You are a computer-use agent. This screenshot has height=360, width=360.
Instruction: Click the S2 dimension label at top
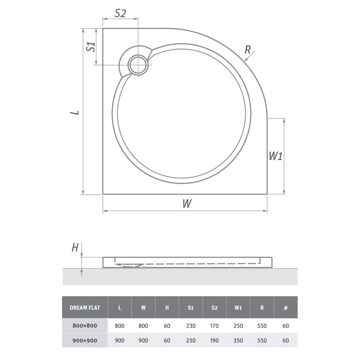[x=120, y=13]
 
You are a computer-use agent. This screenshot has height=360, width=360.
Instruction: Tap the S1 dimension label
[x=91, y=47]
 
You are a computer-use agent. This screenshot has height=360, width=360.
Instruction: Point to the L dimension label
[x=75, y=112]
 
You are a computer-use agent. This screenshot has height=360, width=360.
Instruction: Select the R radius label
[x=247, y=50]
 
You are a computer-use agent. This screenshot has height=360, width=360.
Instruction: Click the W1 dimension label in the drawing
[x=275, y=156]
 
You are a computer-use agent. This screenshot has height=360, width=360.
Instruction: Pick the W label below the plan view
[x=187, y=203]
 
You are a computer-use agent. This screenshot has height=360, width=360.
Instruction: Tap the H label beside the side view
[x=75, y=248]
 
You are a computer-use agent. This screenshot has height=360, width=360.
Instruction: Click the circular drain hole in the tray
[x=138, y=64]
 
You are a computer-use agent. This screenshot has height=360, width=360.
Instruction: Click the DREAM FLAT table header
[x=85, y=308]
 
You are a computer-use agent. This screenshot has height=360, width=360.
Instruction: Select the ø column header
[x=285, y=308]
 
